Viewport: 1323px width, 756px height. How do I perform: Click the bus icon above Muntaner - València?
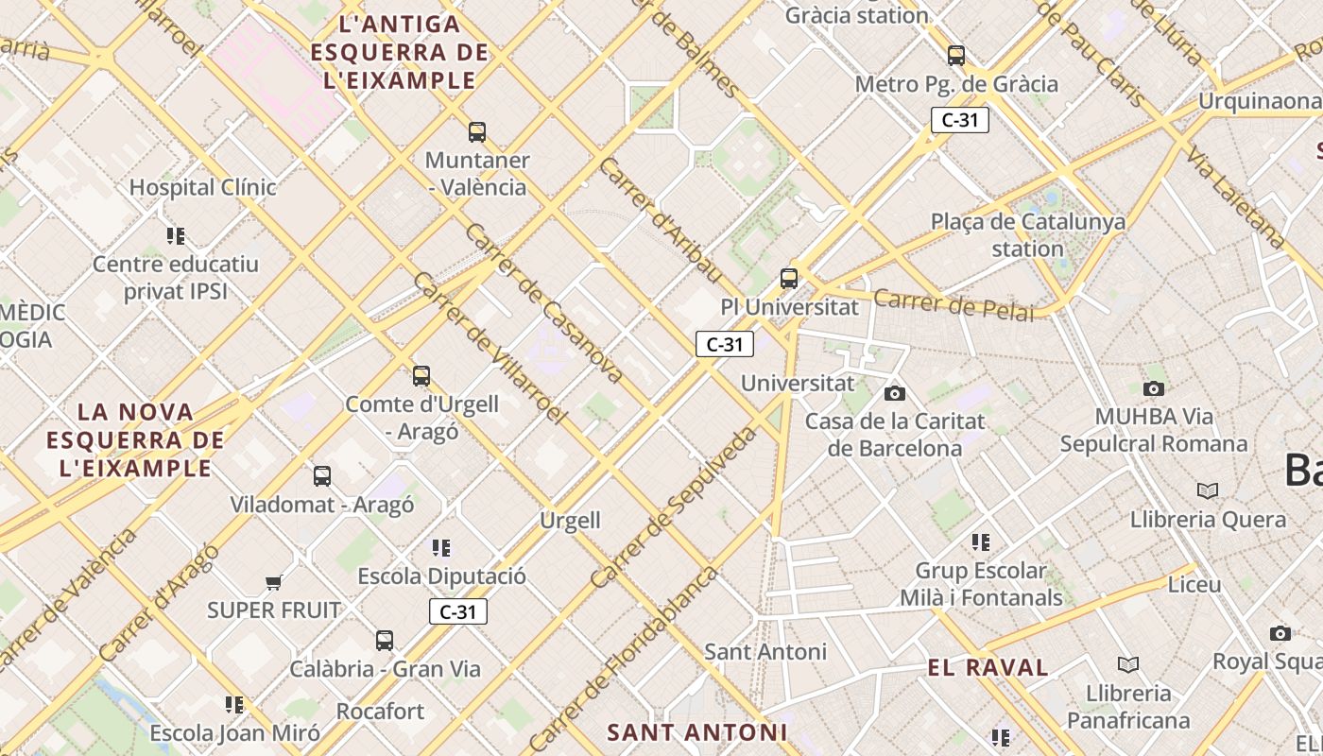pos(477,132)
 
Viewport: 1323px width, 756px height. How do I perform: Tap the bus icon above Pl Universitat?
pos(789,279)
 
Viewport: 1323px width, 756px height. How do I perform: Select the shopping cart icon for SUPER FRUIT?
pos(274,582)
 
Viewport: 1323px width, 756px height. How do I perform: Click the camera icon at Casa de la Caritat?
pos(894,393)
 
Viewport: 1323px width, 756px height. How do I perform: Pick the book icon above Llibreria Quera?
pos(1208,490)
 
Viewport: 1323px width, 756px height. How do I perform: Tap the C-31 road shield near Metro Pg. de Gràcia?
pos(959,120)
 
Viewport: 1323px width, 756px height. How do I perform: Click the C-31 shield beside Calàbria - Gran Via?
pos(458,611)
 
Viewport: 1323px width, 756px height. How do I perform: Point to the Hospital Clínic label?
pos(202,187)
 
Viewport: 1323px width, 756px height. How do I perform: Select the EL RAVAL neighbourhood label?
pos(988,668)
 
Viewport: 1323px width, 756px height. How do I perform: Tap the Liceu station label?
pos(1194,584)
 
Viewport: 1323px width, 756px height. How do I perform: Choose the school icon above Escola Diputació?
pos(440,548)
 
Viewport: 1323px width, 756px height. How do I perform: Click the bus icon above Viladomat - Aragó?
pos(322,476)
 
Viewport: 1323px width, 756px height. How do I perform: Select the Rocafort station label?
pos(380,711)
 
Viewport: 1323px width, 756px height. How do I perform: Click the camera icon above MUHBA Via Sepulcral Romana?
pos(1153,388)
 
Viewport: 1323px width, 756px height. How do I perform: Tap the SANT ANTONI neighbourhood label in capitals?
pos(696,732)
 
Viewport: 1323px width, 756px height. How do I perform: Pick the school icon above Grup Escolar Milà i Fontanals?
pos(981,542)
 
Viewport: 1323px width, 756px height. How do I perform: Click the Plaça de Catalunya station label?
pos(1028,235)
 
